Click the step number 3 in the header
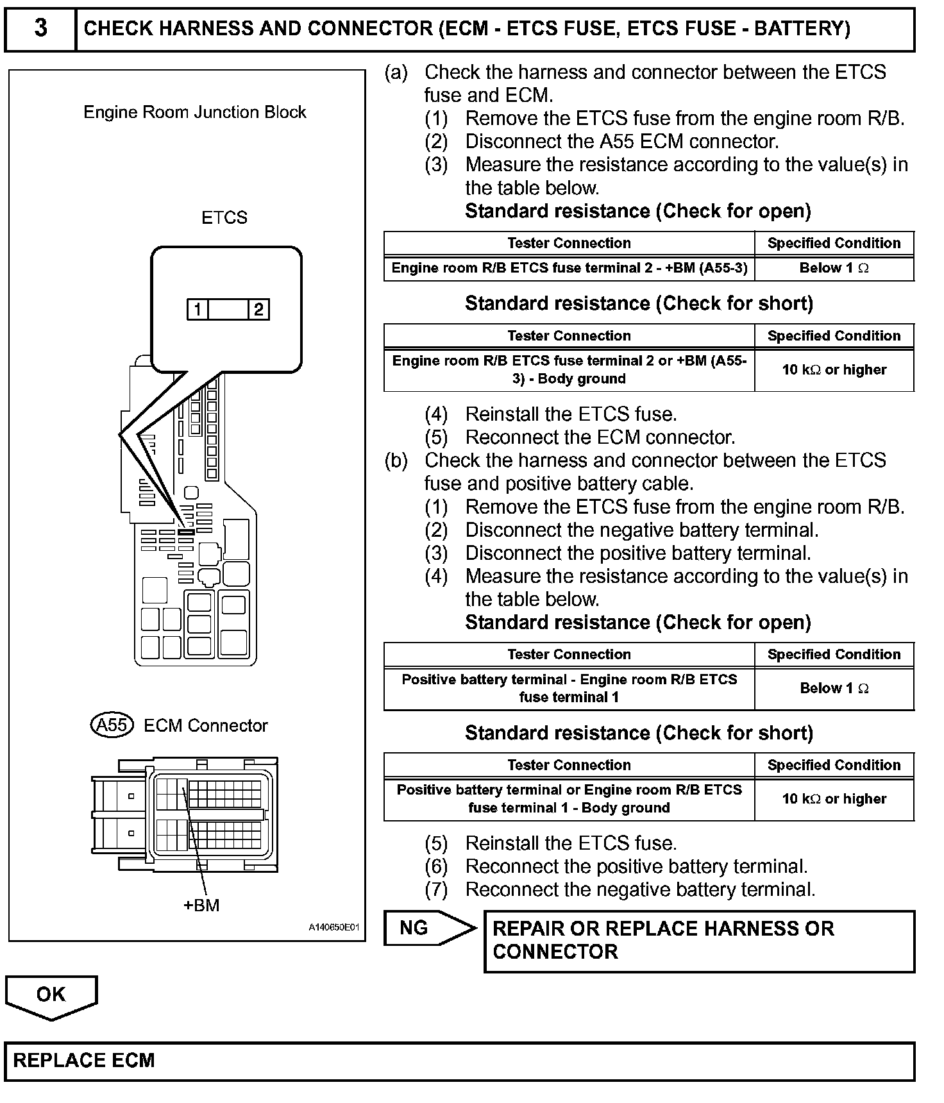pyautogui.click(x=40, y=29)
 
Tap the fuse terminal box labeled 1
pyautogui.click(x=198, y=310)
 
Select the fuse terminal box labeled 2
pyautogui.click(x=258, y=310)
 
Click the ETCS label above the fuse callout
pyautogui.click(x=224, y=218)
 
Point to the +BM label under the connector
pyautogui.click(x=201, y=905)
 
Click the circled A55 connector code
pyautogui.click(x=112, y=725)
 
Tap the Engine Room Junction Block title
pyautogui.click(x=195, y=112)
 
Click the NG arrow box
pyautogui.click(x=428, y=928)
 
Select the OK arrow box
pyautogui.click(x=51, y=996)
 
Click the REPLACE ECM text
pyautogui.click(x=84, y=1060)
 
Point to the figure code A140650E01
pyautogui.click(x=333, y=927)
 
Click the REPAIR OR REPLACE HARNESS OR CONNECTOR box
pyautogui.click(x=699, y=941)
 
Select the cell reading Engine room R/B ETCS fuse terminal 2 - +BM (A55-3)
pyautogui.click(x=569, y=268)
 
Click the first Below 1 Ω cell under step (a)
pyautogui.click(x=834, y=268)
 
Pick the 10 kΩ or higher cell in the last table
pyautogui.click(x=834, y=799)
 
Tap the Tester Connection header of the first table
pyautogui.click(x=569, y=243)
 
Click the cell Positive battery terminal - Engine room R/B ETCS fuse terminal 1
pyautogui.click(x=569, y=688)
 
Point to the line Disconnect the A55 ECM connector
pyautogui.click(x=621, y=142)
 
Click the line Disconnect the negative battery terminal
pyautogui.click(x=641, y=530)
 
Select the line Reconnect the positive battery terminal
pyautogui.click(x=636, y=867)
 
